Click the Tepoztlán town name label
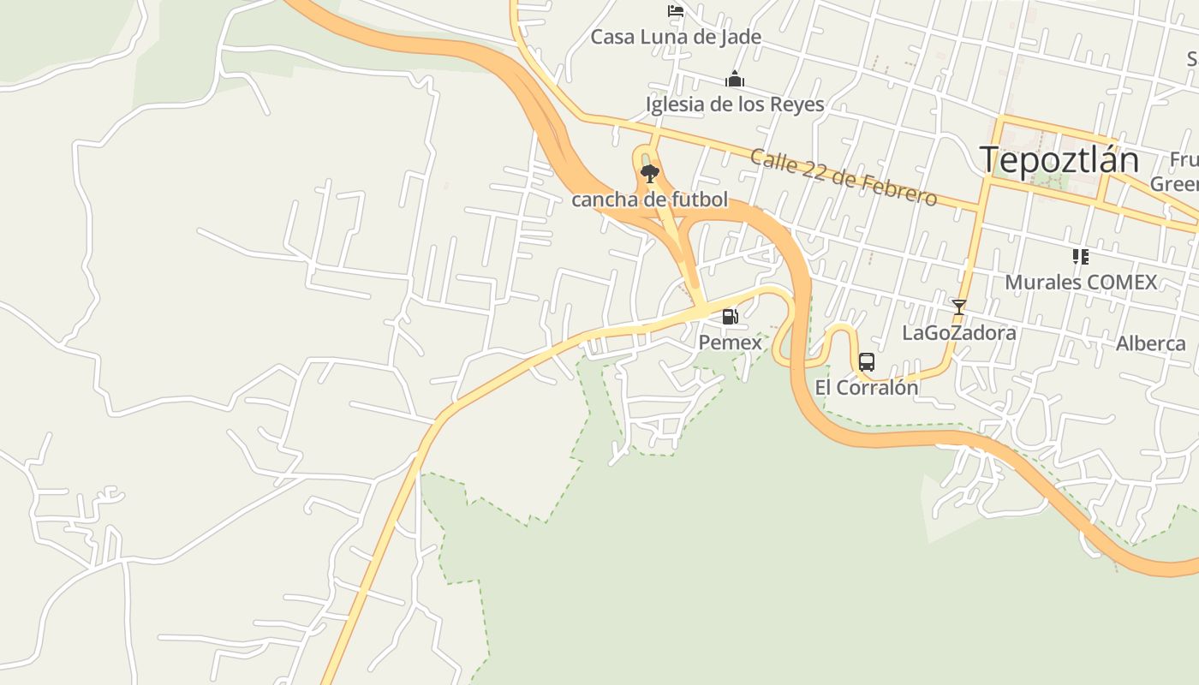[x=1059, y=160]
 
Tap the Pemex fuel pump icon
[x=730, y=317]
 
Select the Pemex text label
[x=730, y=342]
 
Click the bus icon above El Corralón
[x=866, y=362]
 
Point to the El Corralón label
[x=866, y=388]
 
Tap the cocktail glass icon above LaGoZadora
[x=958, y=307]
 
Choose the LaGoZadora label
[x=959, y=332]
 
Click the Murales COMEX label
[x=1080, y=282]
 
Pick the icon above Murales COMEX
[x=1080, y=256]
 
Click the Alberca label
[x=1150, y=343]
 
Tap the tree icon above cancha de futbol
[x=650, y=174]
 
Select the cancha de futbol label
[x=649, y=200]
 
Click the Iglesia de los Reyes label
[x=735, y=104]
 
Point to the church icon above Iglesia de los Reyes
[x=735, y=80]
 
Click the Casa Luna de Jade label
[x=676, y=37]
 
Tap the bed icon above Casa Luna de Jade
[x=676, y=11]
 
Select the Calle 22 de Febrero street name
[x=843, y=177]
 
